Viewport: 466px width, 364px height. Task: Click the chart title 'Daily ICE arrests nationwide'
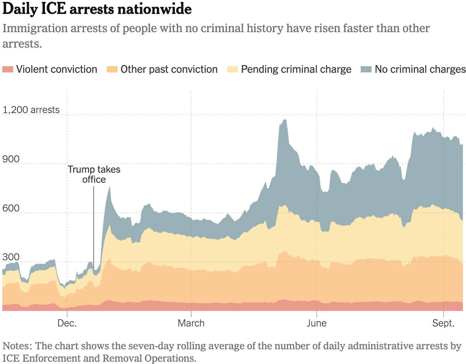(x=97, y=10)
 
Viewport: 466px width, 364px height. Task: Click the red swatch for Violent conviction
(x=8, y=69)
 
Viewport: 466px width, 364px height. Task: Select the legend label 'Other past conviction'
(x=169, y=69)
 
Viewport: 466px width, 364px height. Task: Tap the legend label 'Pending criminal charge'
(x=296, y=69)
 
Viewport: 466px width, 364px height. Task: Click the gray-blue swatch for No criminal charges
(x=366, y=69)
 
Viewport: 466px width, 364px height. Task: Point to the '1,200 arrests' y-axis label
(x=31, y=110)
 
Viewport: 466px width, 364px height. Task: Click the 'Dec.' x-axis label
(x=67, y=323)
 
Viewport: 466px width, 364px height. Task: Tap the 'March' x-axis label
(x=191, y=323)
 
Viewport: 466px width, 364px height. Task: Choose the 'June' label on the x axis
(x=317, y=323)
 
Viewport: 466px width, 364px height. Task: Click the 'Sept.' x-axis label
(x=444, y=323)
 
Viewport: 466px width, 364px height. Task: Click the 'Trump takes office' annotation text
(x=94, y=174)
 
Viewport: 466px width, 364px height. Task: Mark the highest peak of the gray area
(x=285, y=120)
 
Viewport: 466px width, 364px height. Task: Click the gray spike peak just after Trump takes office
(x=110, y=187)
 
